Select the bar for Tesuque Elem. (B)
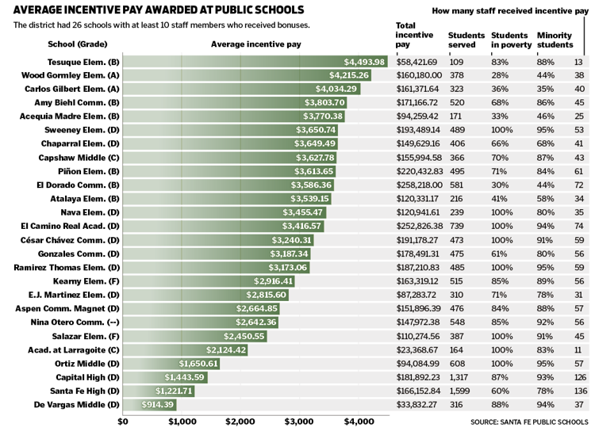(254, 62)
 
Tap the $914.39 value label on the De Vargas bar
(157, 405)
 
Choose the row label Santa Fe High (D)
(77, 391)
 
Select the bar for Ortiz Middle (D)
(171, 364)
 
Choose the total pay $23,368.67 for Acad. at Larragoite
(416, 350)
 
